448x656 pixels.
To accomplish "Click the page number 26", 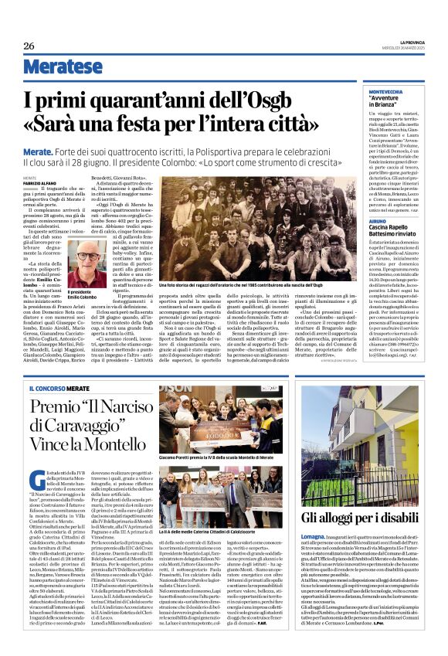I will [x=29, y=46].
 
